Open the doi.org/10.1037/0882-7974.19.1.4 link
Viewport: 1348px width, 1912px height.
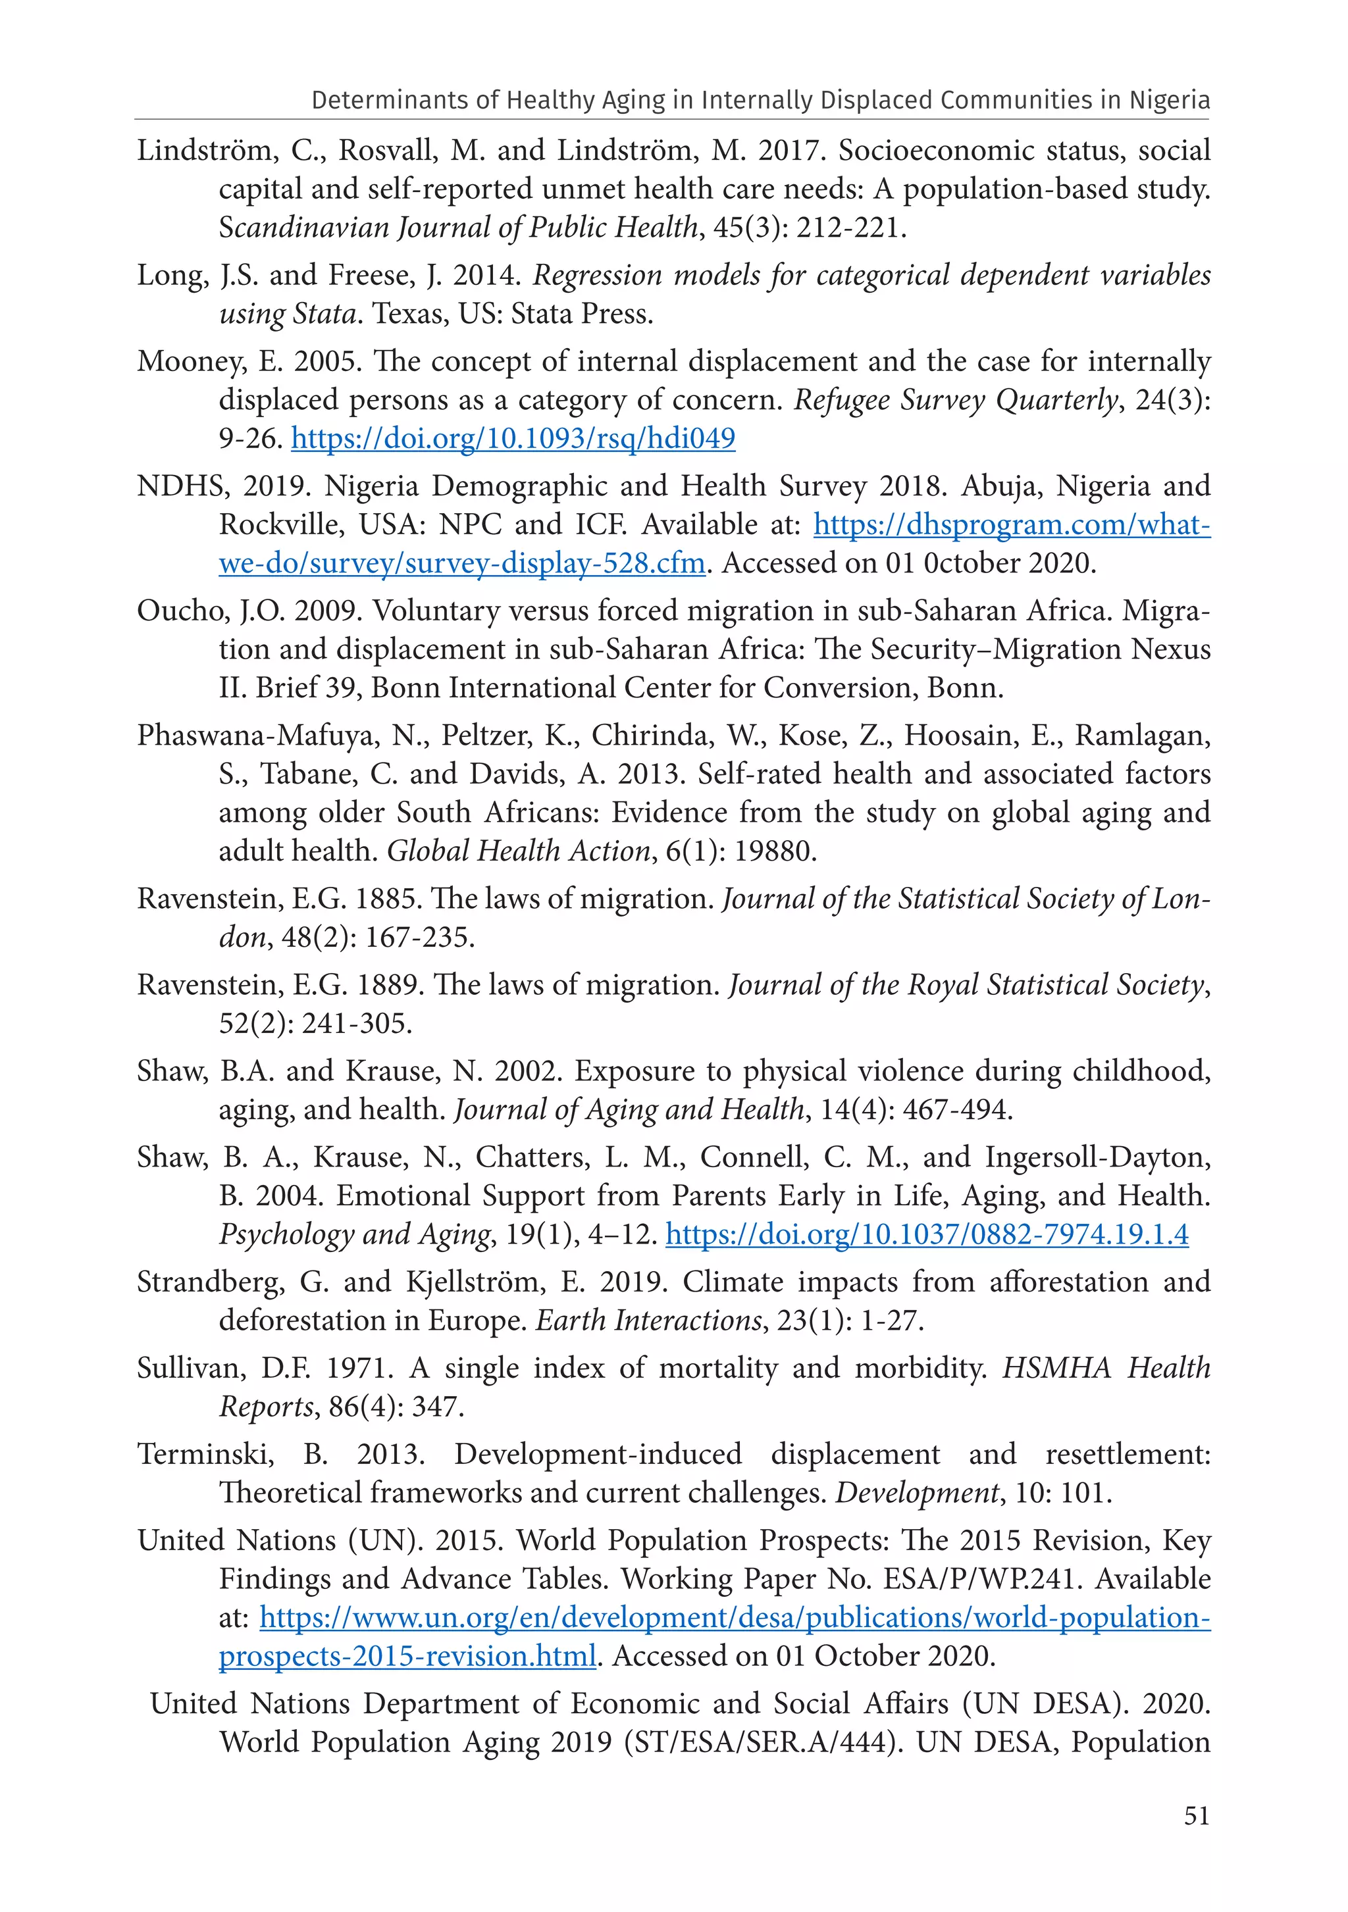927,1234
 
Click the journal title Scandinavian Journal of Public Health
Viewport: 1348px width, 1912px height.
458,228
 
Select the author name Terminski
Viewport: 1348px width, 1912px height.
205,1454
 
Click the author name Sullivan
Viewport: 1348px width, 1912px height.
191,1369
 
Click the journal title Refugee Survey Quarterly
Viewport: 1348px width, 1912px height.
955,401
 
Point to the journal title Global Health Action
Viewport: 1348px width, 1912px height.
518,851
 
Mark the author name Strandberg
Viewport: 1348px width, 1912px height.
210,1282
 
